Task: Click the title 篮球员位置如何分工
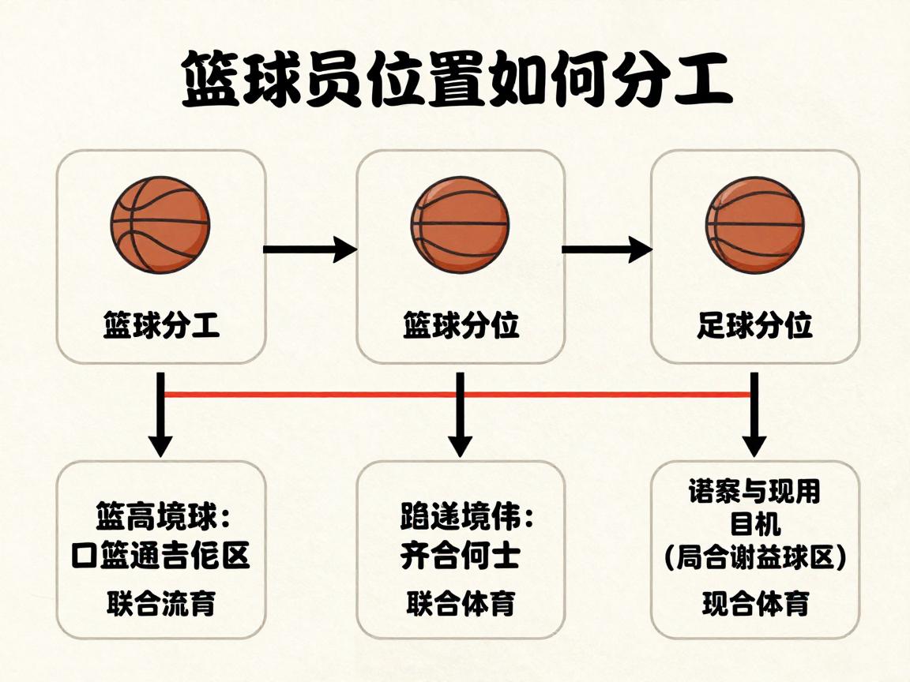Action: coord(456,81)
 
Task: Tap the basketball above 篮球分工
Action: coord(160,225)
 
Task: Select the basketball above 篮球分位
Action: coord(460,225)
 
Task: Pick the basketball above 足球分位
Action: coord(755,225)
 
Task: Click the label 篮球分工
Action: coord(161,325)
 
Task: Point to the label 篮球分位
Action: coord(461,325)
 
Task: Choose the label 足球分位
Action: coord(755,325)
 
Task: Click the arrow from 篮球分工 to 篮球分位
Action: coord(310,249)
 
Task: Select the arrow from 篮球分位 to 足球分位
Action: coord(607,250)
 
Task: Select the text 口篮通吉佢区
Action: coord(160,556)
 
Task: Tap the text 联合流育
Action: coord(161,604)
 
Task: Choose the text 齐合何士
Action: coord(460,556)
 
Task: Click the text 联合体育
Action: coord(461,604)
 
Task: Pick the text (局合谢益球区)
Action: coord(755,559)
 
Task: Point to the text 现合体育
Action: coord(755,604)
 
